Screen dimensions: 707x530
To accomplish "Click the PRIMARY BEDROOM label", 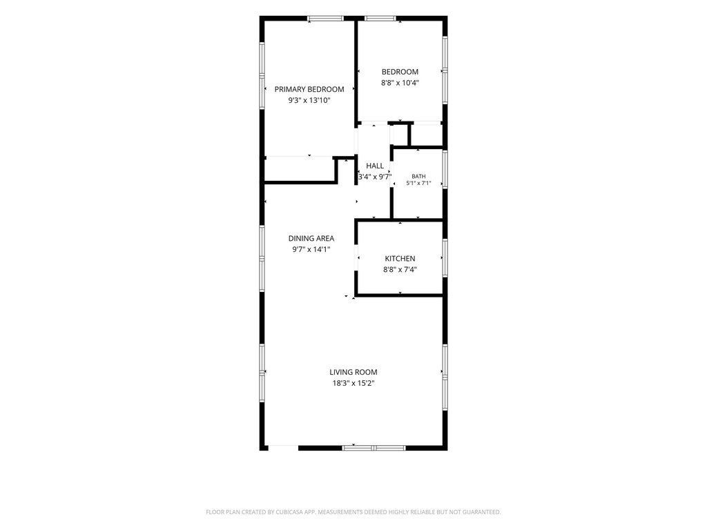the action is coord(309,89).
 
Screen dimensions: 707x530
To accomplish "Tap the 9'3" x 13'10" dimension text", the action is coord(309,101).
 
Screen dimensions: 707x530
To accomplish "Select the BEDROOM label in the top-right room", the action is coord(400,72).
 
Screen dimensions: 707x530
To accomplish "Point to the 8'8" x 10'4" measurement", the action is coord(400,83).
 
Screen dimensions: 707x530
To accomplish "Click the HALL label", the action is coord(375,166).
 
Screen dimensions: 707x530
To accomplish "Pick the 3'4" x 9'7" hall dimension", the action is coord(375,177).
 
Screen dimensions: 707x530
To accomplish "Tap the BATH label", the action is coord(418,176).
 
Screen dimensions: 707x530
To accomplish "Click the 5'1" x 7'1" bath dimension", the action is coord(418,184).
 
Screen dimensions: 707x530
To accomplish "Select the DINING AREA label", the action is coord(311,238).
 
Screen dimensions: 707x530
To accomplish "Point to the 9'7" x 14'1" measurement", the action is coord(311,249).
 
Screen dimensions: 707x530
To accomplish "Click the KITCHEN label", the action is coord(400,259).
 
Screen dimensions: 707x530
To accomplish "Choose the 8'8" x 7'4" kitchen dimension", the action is coord(400,270).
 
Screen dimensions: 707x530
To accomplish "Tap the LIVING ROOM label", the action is coord(353,372).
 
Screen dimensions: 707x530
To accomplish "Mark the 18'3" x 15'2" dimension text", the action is coord(353,384).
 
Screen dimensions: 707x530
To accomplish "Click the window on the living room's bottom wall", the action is coord(374,448).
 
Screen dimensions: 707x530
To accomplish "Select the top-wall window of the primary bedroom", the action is coord(326,19).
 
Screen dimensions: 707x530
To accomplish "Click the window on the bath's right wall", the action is coord(445,170).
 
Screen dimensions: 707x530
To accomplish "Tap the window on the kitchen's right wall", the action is coord(445,258).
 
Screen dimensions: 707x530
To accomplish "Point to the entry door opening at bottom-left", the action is coord(283,448).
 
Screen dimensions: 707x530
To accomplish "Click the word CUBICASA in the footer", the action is coord(291,512).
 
